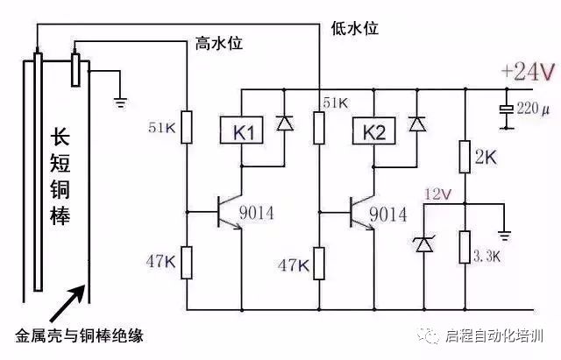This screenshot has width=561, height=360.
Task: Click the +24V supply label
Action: click(x=527, y=71)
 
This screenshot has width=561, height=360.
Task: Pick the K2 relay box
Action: click(x=370, y=133)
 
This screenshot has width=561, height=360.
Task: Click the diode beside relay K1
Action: click(x=284, y=124)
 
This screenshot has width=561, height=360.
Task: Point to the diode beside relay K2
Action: click(x=417, y=124)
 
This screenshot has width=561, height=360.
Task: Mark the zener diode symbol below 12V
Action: click(x=424, y=244)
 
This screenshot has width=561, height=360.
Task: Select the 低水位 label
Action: click(x=354, y=28)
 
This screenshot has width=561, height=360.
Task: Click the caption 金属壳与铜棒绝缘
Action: click(x=79, y=335)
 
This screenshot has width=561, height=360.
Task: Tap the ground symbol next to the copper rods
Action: click(x=120, y=102)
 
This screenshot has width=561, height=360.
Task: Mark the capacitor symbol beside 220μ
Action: click(x=505, y=111)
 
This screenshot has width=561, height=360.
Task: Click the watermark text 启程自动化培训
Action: click(x=501, y=336)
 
